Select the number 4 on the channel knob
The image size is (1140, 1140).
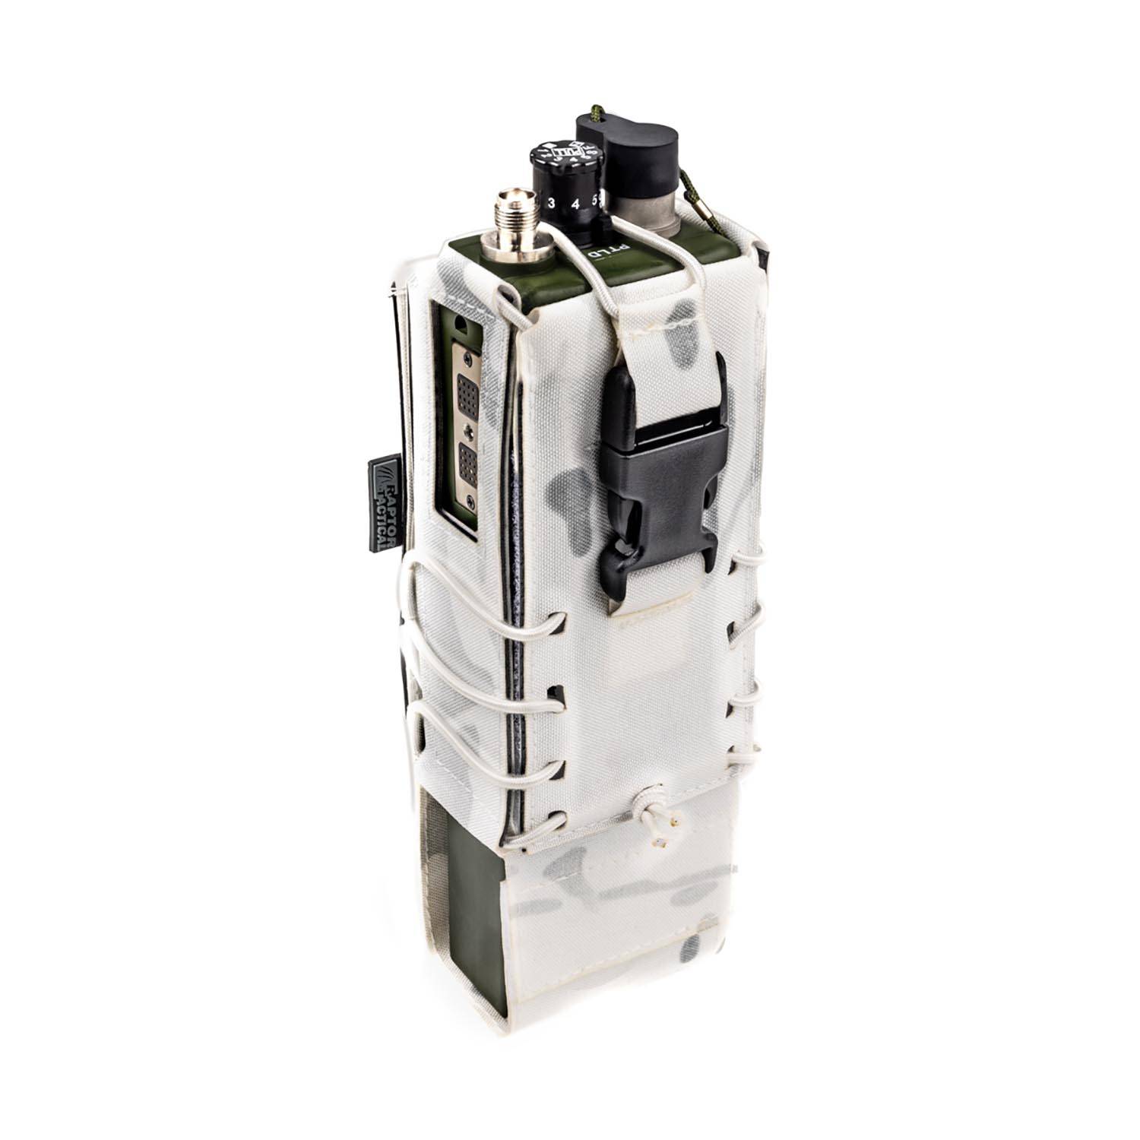(575, 203)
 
